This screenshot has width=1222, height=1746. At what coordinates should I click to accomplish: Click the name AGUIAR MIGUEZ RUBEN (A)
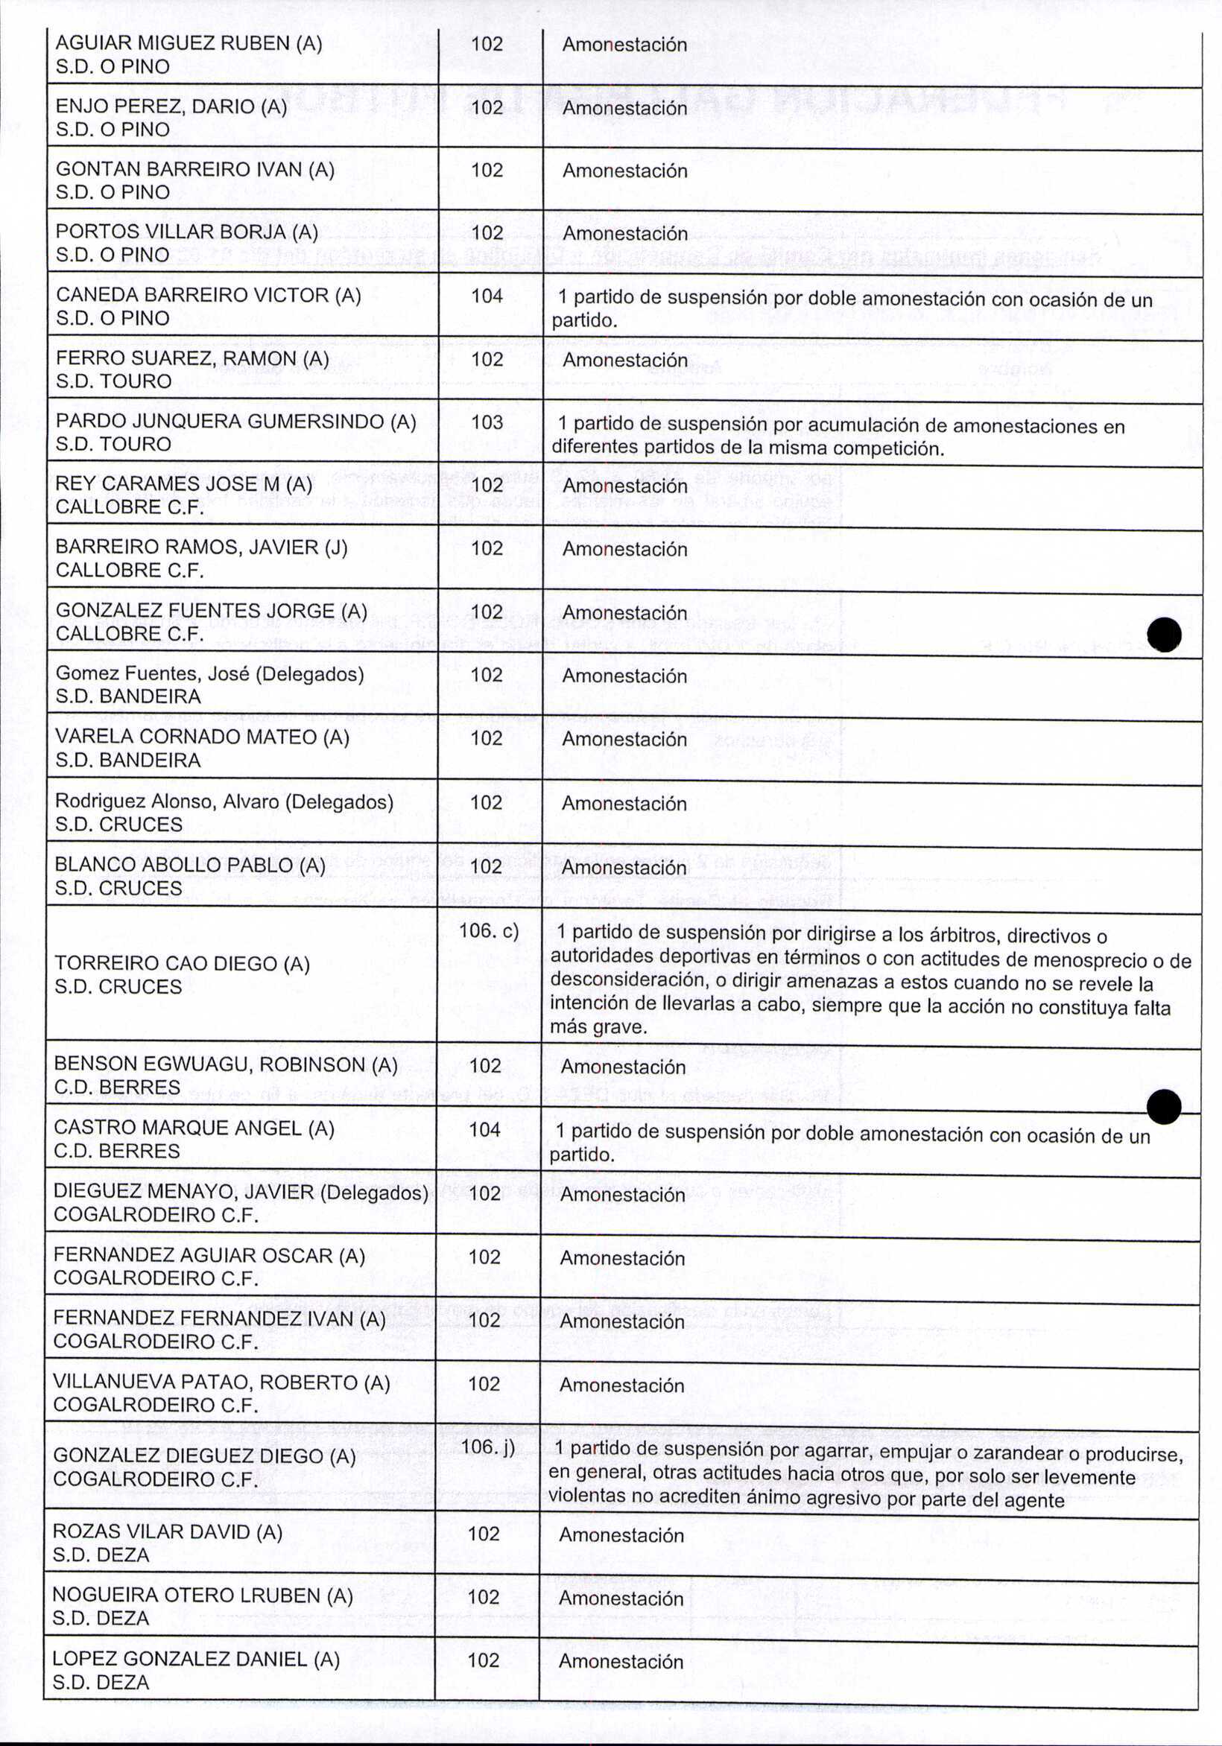point(189,43)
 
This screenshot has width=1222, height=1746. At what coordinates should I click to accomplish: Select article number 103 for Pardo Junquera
point(487,422)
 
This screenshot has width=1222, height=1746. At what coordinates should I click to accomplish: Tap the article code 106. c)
point(489,931)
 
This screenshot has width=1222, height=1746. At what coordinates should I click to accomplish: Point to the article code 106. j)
point(488,1446)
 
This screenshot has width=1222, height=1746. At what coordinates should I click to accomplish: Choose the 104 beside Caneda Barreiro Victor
point(487,296)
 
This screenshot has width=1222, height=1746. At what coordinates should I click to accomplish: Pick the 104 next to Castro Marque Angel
point(484,1129)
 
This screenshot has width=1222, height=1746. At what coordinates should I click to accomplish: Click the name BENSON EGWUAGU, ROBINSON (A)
point(225,1064)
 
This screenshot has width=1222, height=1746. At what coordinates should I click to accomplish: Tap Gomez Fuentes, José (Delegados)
point(209,674)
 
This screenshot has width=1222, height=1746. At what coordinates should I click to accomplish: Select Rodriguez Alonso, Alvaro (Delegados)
point(224,801)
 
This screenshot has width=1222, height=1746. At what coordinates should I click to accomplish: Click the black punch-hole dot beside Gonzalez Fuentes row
point(1164,634)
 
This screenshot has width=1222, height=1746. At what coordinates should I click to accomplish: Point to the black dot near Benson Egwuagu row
point(1163,1106)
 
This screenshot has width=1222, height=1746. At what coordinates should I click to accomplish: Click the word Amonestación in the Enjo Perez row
point(624,108)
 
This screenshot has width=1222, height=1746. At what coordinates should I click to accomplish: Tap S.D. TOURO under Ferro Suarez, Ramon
point(113,381)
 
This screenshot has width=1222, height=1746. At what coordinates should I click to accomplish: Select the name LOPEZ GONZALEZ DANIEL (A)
point(196,1659)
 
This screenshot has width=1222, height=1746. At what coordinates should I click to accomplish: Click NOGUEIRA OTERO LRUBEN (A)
point(203,1595)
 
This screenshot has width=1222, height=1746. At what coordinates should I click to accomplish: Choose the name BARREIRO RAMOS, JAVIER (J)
point(202,547)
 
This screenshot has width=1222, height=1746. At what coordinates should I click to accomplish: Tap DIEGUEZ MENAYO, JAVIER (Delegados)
point(241,1192)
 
